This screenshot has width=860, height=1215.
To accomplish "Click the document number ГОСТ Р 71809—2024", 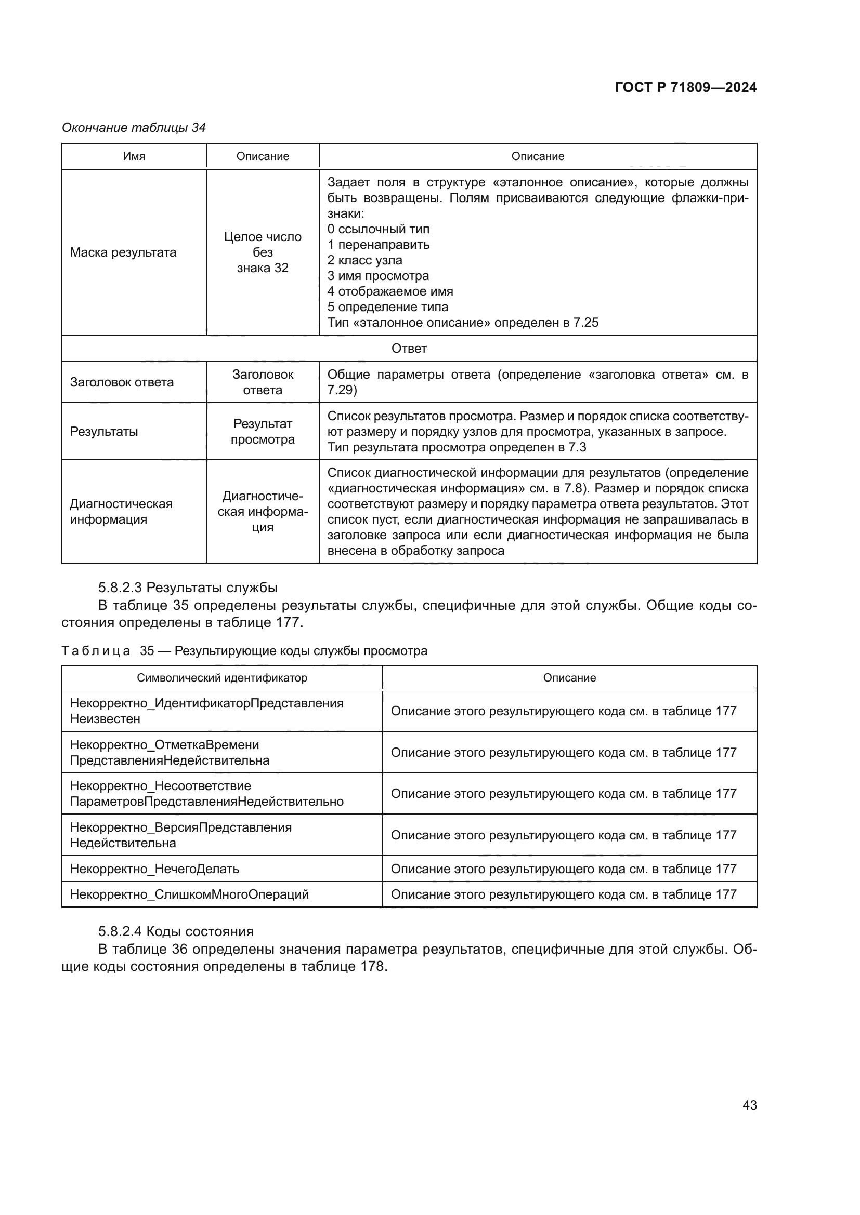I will tap(685, 88).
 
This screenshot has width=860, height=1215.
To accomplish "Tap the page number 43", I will tap(749, 1104).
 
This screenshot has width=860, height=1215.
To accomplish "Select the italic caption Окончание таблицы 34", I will tap(134, 128).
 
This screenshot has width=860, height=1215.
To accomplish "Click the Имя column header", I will tap(134, 156).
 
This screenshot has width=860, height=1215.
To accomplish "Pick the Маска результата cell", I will tap(123, 252).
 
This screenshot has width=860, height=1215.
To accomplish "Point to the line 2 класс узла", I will tap(364, 260).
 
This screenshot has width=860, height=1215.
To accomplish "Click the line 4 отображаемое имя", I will tap(390, 291).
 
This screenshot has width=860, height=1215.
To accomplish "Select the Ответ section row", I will tap(409, 348).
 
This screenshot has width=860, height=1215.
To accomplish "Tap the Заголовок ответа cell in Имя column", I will tap(122, 382).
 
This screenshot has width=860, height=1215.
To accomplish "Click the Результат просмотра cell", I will tap(263, 431).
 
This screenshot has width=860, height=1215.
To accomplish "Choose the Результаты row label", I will tap(104, 431).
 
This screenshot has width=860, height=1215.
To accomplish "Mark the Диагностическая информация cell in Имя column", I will tap(121, 511).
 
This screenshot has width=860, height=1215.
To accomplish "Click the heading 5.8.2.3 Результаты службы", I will tap(188, 588).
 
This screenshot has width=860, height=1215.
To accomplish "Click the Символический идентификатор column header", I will tap(222, 678).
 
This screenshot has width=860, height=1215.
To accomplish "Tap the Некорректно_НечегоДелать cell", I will tap(154, 869).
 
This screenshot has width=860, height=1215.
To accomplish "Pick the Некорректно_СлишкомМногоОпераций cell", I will tap(189, 894).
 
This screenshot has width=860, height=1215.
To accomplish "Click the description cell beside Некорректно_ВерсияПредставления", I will tap(564, 835).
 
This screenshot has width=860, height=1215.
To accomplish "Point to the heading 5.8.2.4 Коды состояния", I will tap(176, 931).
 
